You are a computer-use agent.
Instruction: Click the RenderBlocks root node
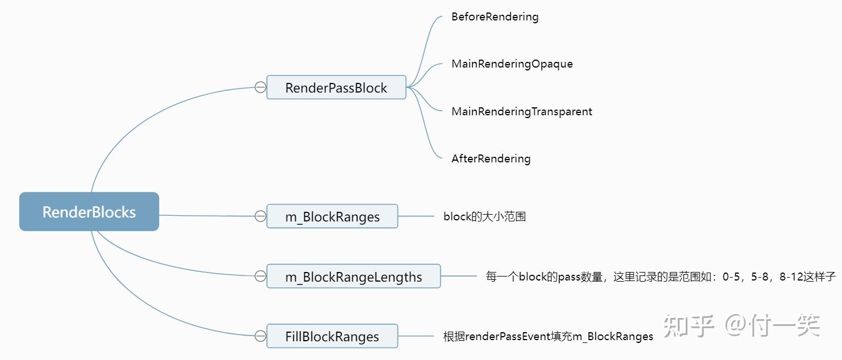[89, 212]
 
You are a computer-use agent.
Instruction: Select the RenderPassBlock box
[336, 87]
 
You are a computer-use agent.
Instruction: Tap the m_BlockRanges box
[332, 216]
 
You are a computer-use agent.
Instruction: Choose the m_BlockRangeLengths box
[353, 277]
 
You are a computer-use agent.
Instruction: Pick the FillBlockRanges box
[332, 336]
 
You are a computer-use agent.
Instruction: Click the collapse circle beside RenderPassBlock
[260, 87]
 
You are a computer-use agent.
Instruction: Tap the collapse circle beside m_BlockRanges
[260, 216]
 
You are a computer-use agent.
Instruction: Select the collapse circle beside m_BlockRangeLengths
[260, 277]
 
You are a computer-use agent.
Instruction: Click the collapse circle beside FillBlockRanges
[260, 336]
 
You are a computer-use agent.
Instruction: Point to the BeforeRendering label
[495, 16]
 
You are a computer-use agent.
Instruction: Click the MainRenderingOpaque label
[512, 64]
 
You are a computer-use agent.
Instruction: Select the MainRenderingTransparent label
[522, 111]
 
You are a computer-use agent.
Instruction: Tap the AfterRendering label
[491, 158]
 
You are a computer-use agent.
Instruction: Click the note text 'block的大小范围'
[485, 216]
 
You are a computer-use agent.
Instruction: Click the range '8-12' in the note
[791, 277]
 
